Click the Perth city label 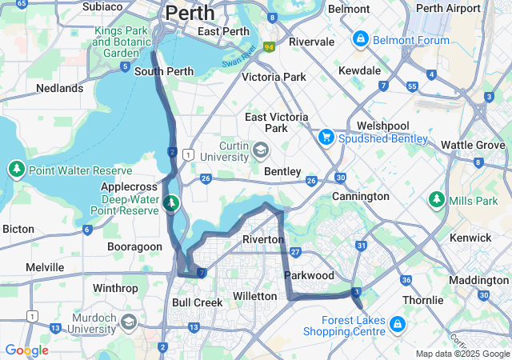click(190, 13)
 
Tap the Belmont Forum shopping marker click(360, 38)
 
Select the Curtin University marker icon click(261, 150)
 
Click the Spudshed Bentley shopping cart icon click(326, 138)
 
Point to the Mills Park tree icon click(436, 198)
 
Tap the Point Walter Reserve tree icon click(16, 170)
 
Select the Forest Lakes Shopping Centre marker click(398, 325)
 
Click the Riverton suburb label click(263, 239)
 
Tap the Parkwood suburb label click(309, 275)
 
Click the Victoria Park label click(274, 78)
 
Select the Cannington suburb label click(361, 196)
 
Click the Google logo click(26, 350)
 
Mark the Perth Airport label click(450, 8)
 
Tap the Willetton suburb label click(254, 296)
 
